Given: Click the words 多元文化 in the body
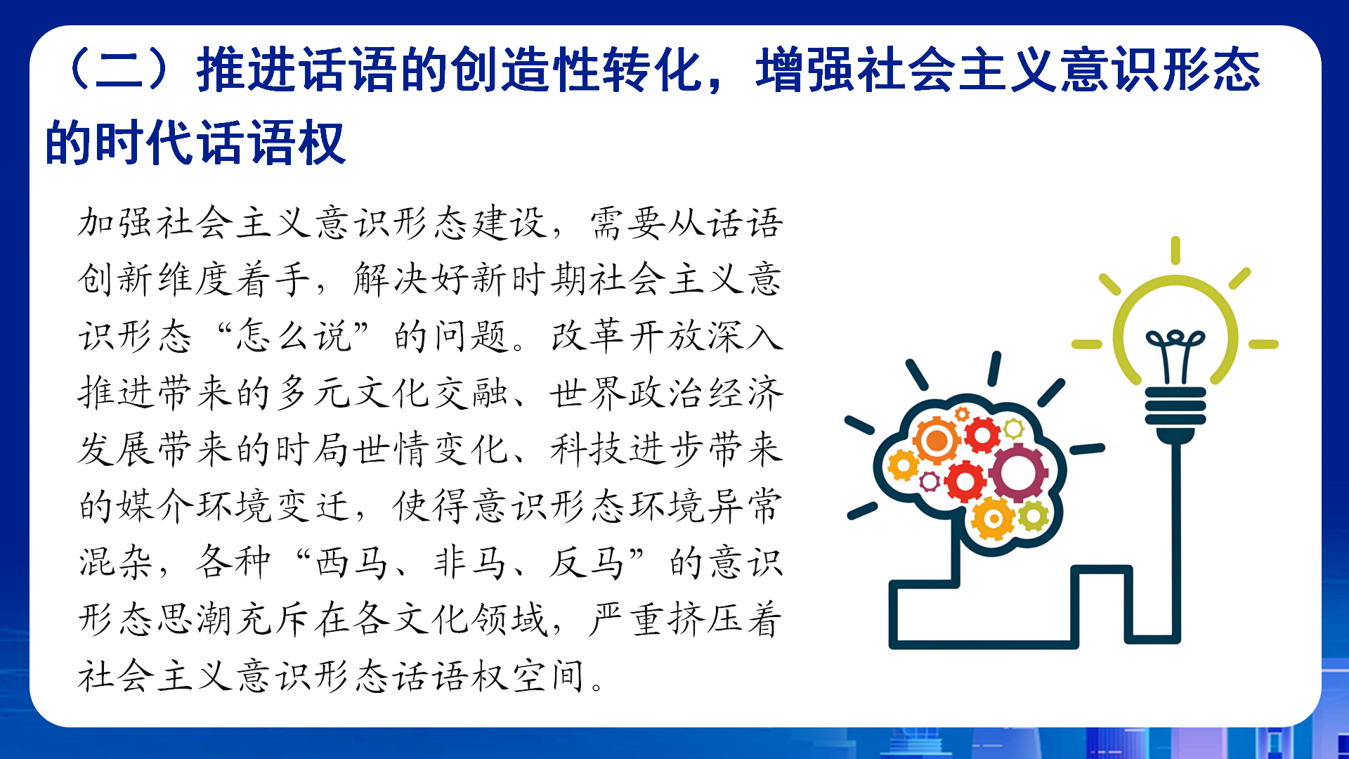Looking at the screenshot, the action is click(353, 392).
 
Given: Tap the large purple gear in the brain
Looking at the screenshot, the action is click(1018, 473).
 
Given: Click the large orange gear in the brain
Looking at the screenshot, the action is click(937, 441).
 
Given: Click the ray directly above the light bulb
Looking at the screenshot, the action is click(1175, 251).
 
